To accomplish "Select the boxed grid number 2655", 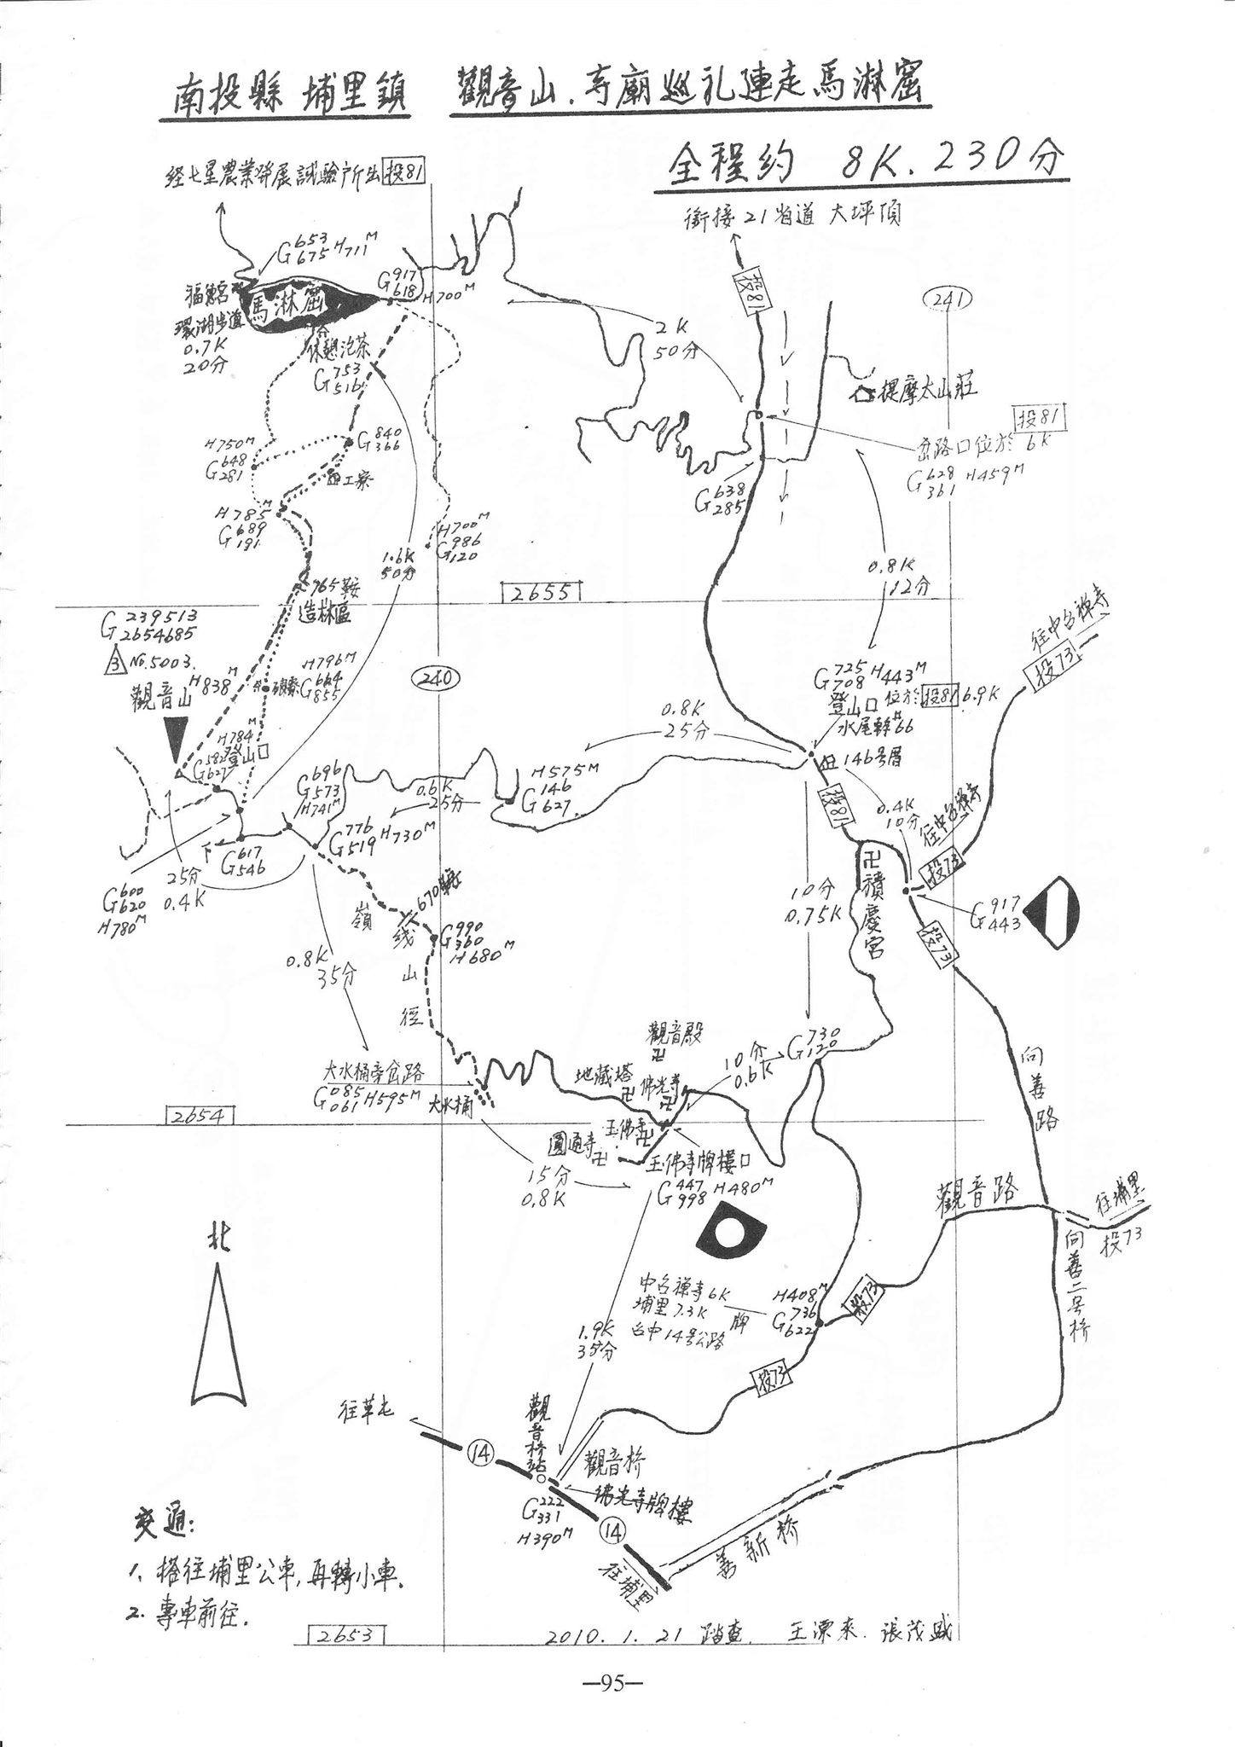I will coord(541,592).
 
